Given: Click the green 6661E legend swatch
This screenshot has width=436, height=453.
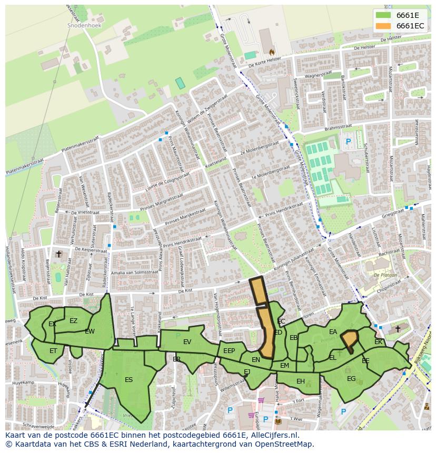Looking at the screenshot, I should tap(383, 15).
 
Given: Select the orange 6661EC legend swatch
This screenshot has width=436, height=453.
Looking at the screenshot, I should tap(383, 26).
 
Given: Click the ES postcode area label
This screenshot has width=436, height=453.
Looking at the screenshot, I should tap(128, 379).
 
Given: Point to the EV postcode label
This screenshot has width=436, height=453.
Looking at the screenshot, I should tap(187, 342).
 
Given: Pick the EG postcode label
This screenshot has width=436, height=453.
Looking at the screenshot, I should tap(351, 378).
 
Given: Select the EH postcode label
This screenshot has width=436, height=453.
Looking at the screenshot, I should tap(300, 381).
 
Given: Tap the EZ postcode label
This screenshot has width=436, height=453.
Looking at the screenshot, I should tap(73, 321).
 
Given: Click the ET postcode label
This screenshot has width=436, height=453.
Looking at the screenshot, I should tap(53, 350).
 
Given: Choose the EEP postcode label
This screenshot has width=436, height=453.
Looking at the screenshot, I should tap(229, 351).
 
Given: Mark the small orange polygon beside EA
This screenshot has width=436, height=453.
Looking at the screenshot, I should tap(349, 339).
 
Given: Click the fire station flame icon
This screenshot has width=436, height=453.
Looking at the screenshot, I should tap(272, 52).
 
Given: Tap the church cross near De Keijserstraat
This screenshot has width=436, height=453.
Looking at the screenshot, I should tap(59, 254).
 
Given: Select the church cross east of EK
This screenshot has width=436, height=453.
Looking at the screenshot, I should tap(398, 329).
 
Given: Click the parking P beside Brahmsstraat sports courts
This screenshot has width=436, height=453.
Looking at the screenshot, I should tap(348, 142).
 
